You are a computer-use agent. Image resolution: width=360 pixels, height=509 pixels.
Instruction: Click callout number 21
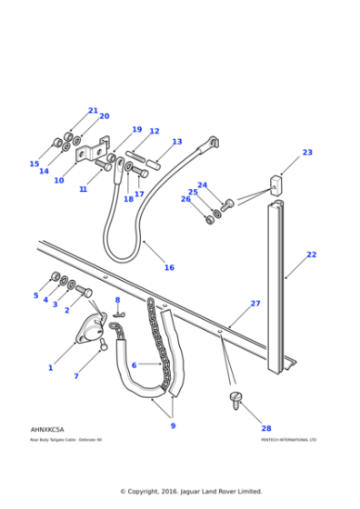pyautogui.click(x=93, y=111)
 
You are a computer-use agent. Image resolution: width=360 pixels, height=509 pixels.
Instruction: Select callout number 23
pyautogui.click(x=307, y=153)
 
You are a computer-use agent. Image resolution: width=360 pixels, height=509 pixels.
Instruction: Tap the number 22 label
pyautogui.click(x=312, y=254)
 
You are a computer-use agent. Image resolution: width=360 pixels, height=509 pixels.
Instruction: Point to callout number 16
pyautogui.click(x=169, y=268)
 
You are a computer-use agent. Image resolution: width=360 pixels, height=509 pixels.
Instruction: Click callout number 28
pyautogui.click(x=266, y=428)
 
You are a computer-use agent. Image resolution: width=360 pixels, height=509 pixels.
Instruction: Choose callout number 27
pyautogui.click(x=255, y=304)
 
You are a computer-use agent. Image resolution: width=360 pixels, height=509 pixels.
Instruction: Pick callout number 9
pyautogui.click(x=173, y=425)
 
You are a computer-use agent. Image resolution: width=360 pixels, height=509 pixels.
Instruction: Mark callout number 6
pyautogui.click(x=134, y=364)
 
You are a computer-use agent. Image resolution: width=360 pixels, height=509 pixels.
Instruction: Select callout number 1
pyautogui.click(x=50, y=367)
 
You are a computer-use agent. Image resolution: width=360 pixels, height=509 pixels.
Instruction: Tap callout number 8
pyautogui.click(x=117, y=300)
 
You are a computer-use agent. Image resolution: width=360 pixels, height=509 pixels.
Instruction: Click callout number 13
pyautogui.click(x=177, y=142)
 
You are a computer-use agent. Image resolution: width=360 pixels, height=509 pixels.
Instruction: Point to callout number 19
pyautogui.click(x=137, y=130)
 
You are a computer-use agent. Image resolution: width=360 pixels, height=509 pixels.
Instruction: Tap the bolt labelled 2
pyautogui.click(x=85, y=292)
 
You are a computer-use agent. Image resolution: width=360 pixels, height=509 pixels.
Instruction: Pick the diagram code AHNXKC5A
pyautogui.click(x=46, y=429)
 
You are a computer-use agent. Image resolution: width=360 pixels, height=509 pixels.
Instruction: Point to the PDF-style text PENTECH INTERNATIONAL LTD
pyautogui.click(x=288, y=440)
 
